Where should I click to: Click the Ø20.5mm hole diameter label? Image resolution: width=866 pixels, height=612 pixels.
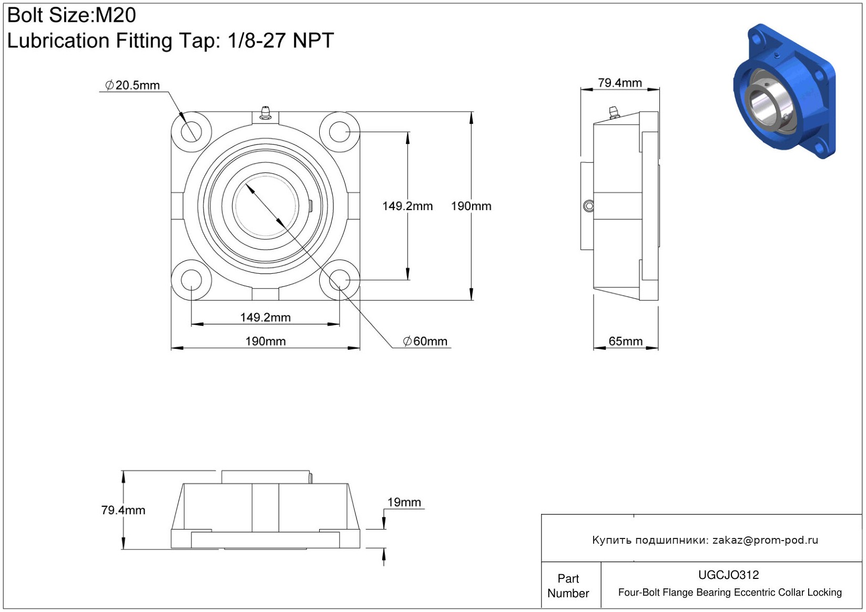coord(132,85)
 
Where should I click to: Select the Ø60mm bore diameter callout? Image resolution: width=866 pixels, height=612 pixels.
coord(425,341)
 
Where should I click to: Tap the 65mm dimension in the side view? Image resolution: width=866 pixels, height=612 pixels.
coord(626,341)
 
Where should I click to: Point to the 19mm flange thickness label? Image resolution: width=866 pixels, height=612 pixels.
coord(404,502)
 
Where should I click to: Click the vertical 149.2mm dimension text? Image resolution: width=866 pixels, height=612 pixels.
coord(407,206)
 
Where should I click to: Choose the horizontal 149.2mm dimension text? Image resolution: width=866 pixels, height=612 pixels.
coord(265,318)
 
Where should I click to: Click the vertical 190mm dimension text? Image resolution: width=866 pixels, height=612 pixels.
coord(471,206)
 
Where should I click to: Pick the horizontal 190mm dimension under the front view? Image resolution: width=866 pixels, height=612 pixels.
coord(266,341)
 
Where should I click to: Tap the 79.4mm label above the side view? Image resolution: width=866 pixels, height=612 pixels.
coord(620,82)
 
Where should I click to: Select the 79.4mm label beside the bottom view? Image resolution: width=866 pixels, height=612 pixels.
coord(124,510)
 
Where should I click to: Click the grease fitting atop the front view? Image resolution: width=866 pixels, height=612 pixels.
coord(265,112)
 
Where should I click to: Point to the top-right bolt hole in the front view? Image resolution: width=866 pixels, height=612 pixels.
coord(340,132)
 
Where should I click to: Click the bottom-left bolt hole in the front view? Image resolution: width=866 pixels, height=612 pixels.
coord(191,280)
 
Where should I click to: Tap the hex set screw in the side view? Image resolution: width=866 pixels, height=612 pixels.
coord(589,206)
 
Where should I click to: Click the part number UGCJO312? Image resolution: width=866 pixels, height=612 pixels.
coord(728,575)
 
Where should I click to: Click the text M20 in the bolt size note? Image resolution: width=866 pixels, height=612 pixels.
coord(116,15)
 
